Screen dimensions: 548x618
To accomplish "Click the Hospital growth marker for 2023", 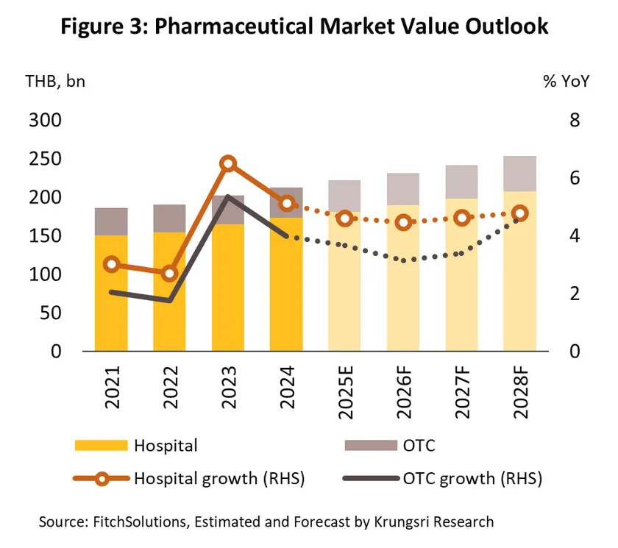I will [x=228, y=164].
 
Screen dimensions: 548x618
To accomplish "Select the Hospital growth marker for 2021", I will [x=112, y=264].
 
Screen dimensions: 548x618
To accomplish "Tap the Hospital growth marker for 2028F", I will [x=520, y=213].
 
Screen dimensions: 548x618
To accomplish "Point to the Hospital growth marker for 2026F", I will [x=403, y=223].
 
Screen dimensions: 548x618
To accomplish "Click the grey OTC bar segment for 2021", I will [x=112, y=221].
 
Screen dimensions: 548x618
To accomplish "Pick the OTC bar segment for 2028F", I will [x=520, y=174].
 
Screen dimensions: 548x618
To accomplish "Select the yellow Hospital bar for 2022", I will [x=170, y=291].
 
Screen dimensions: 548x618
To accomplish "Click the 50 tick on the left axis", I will [x=49, y=313].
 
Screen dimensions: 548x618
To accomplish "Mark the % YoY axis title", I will [x=566, y=82].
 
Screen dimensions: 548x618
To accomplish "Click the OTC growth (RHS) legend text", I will [x=472, y=479].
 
